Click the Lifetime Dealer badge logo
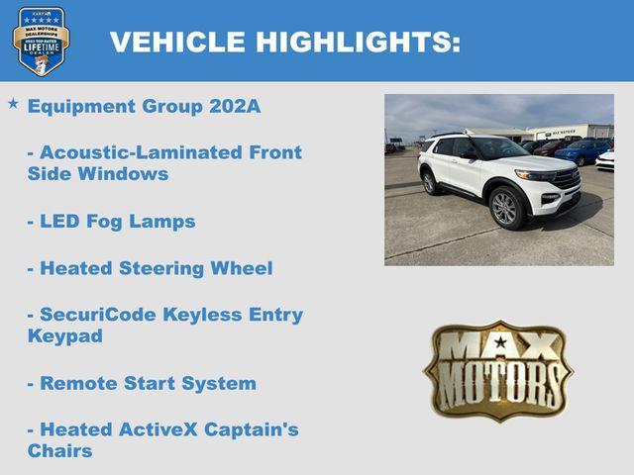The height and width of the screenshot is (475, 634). (x=41, y=42)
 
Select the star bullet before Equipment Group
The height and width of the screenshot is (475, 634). (x=13, y=103)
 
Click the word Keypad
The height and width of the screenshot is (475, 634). (x=65, y=336)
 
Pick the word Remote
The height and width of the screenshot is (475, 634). (x=77, y=383)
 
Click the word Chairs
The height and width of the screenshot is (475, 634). (x=60, y=451)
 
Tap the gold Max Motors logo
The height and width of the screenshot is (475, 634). (x=498, y=368)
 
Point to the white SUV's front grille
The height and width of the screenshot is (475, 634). (x=567, y=178)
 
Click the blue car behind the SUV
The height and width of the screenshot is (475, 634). (x=584, y=150)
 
